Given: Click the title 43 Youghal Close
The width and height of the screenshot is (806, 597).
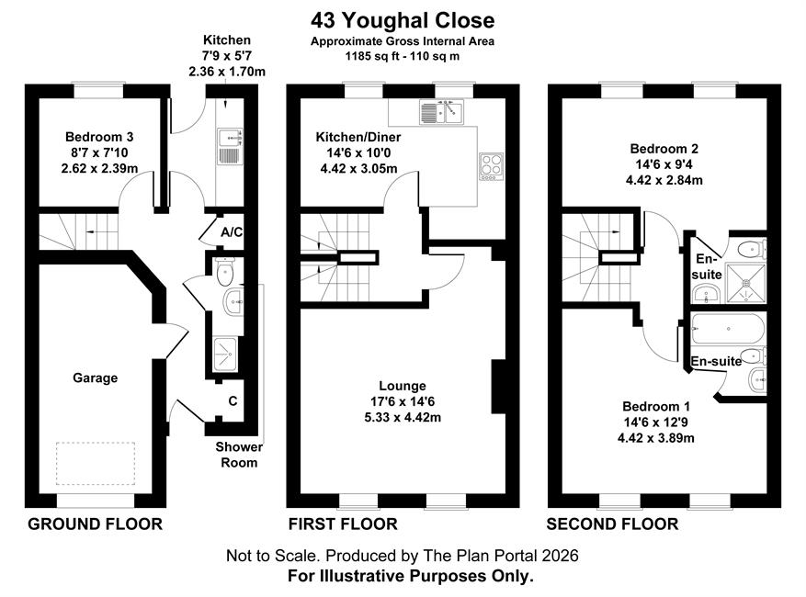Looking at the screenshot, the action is click(x=403, y=20).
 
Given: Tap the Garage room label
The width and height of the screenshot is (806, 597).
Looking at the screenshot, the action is click(x=95, y=378).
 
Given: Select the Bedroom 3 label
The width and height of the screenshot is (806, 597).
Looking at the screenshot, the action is click(x=99, y=137).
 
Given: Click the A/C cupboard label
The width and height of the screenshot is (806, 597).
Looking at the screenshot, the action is click(x=232, y=232).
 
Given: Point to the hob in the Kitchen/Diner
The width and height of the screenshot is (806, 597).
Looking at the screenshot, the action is click(x=491, y=166).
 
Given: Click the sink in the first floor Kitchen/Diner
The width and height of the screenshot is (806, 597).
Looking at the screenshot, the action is click(x=441, y=112).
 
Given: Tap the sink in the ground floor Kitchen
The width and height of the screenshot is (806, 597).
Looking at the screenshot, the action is click(x=230, y=147).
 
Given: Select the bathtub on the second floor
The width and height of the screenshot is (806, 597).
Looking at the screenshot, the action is click(x=728, y=329).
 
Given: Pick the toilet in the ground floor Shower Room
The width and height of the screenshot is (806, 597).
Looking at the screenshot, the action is click(x=225, y=272).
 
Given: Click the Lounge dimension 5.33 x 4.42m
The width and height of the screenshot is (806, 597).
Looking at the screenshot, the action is click(x=403, y=417).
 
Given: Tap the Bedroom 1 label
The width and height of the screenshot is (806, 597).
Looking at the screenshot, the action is click(x=656, y=406).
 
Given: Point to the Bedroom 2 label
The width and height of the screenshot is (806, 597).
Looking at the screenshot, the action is click(x=664, y=149).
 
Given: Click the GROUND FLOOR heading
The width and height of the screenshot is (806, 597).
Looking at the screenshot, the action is click(x=95, y=524).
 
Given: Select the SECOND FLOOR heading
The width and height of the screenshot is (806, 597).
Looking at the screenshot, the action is click(x=612, y=524).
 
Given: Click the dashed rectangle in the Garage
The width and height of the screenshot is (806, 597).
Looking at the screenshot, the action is click(x=96, y=464).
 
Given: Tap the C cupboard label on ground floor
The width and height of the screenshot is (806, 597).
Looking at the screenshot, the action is click(x=233, y=400).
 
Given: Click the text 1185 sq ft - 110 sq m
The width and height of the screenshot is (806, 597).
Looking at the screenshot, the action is click(x=403, y=56).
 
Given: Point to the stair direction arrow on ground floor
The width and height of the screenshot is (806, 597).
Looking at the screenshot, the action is click(x=97, y=232).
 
